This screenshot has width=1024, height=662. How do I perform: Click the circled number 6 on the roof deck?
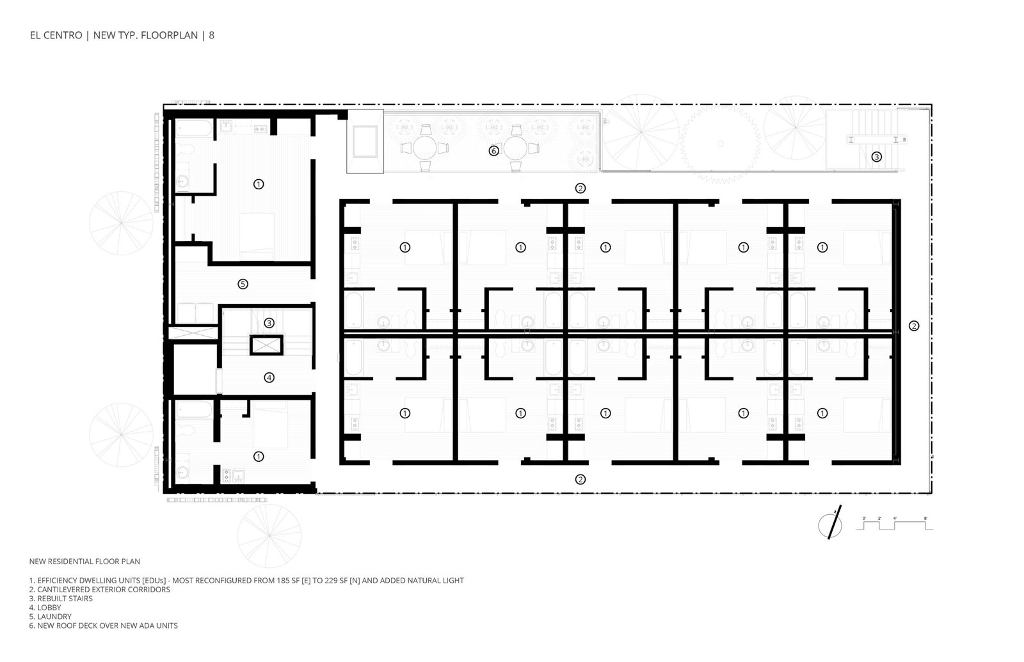coord(493,151)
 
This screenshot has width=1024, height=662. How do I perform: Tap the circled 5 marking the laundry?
coord(243,284)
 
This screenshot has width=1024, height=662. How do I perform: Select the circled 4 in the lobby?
coord(269,377)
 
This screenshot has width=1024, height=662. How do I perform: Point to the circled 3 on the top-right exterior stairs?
coord(876,157)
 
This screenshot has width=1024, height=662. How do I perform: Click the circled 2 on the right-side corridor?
coord(913,326)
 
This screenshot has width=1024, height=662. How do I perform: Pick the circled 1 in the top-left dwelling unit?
coord(259,184)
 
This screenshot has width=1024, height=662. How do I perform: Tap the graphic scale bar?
coord(894,524)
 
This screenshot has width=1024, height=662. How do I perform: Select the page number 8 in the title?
coord(212,35)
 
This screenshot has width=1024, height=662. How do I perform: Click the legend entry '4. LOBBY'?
coord(45,608)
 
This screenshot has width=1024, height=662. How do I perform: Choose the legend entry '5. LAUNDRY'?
coord(51,617)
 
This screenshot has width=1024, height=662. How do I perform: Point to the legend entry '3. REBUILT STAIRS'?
coord(61,599)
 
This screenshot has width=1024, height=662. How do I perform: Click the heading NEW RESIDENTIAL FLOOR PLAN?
coord(84,562)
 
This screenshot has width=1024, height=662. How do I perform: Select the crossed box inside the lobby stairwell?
coord(266,345)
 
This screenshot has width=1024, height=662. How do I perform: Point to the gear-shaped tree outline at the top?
coord(720,143)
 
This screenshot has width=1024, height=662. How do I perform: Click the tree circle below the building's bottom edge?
coord(269,535)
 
